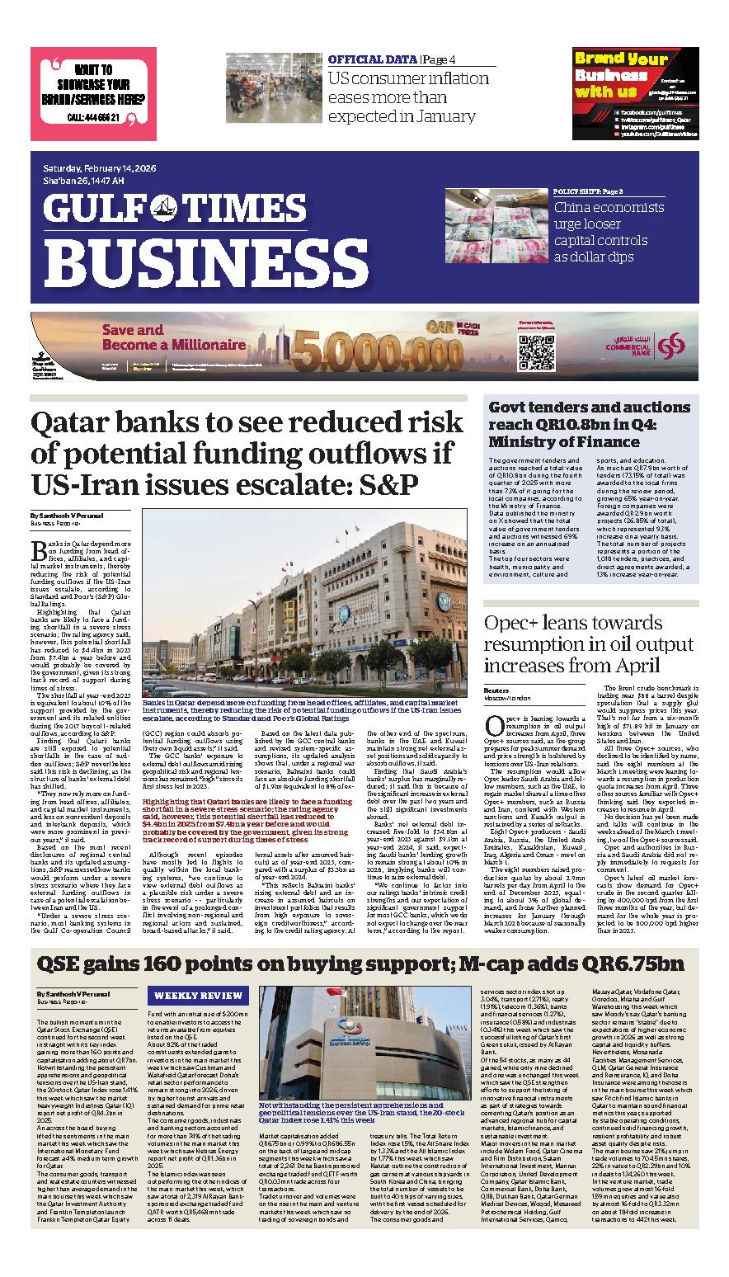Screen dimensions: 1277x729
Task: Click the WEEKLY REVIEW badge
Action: click(198, 996)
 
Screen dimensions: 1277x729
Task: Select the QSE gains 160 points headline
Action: click(360, 964)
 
